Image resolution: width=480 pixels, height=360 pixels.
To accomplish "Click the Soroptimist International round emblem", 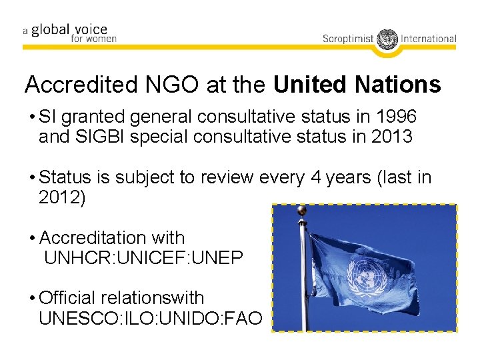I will [387, 39].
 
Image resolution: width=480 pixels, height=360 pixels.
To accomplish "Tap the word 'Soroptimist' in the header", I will [348, 39].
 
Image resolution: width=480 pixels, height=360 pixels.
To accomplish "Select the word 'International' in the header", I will [429, 39].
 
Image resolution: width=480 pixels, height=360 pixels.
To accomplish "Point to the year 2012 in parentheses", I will [59, 198].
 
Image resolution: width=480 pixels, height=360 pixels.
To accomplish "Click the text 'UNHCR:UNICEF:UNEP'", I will [143, 258].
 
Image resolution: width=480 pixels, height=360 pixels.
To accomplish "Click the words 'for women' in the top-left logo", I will [93, 39].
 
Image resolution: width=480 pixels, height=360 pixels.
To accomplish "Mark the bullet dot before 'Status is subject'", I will [32, 179].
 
